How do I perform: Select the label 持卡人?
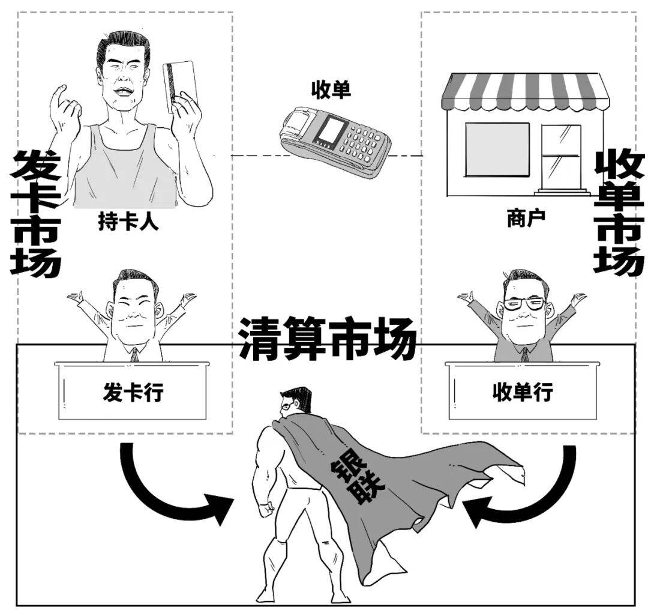128,223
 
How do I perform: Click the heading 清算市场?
328,339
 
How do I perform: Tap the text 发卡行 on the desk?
133,393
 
